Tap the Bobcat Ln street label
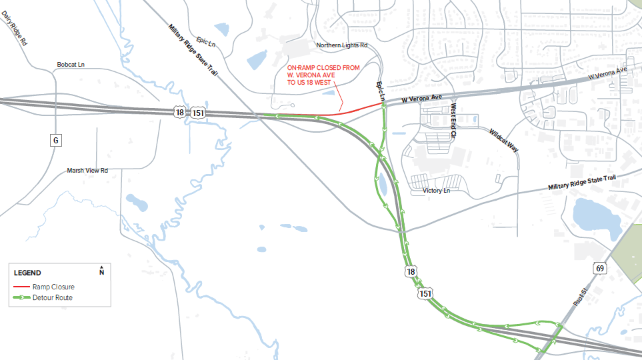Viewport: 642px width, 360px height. (x=75, y=65)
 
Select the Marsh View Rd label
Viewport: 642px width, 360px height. (x=87, y=171)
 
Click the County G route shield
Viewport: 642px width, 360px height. (x=55, y=140)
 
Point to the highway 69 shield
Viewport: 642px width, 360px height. (x=600, y=268)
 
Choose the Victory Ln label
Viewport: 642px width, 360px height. (x=437, y=191)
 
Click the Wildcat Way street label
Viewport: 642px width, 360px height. (x=504, y=140)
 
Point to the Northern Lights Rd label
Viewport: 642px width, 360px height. (x=342, y=45)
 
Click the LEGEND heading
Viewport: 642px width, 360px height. (x=27, y=273)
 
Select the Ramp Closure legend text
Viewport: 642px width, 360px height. (x=53, y=287)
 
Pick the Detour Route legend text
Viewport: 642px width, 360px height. (x=53, y=297)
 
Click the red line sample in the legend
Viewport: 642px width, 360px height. (x=22, y=287)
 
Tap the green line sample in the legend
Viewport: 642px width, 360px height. (x=22, y=297)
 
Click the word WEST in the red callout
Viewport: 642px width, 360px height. (x=321, y=83)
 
